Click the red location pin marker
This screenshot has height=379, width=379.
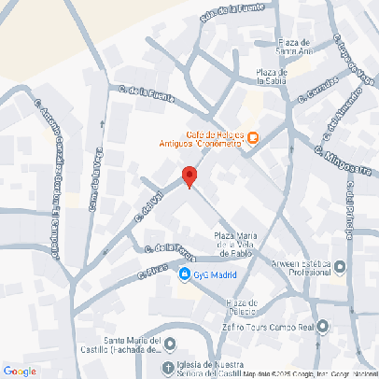(x=189, y=176)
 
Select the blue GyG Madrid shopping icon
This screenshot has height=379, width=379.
(x=185, y=274)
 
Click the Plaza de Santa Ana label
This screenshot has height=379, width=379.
(x=301, y=47)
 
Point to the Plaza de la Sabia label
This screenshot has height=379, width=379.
(x=271, y=77)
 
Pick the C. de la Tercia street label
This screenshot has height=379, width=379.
(x=168, y=248)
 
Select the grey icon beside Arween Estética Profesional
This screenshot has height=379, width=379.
(x=339, y=267)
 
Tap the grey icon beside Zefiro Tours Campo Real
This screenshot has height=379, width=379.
(x=323, y=327)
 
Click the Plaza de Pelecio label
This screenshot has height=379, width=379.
(x=241, y=307)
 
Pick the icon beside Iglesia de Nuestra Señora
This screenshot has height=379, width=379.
(x=168, y=367)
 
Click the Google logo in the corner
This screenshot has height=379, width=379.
(x=20, y=371)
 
